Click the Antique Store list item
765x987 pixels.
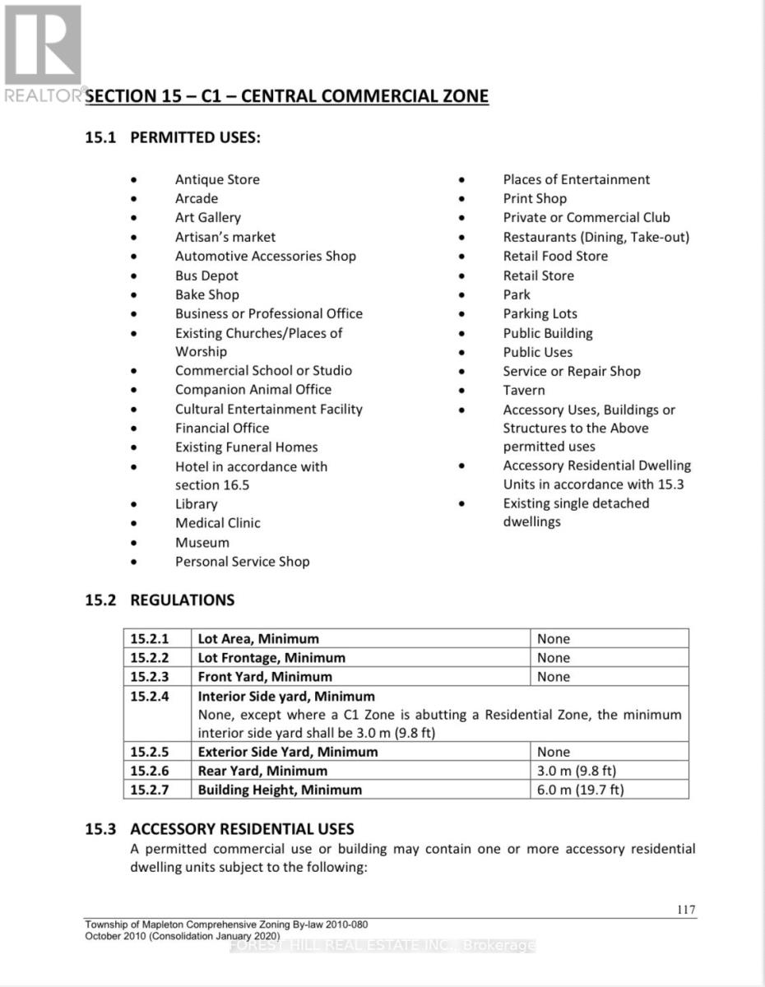coord(217,179)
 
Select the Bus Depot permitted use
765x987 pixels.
coord(206,276)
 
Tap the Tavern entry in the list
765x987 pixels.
coord(524,390)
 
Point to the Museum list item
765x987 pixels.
coord(202,542)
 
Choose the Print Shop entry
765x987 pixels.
coord(535,198)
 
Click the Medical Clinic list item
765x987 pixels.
coord(218,523)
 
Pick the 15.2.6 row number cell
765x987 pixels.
coord(149,771)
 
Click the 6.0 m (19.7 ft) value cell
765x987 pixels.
coord(581,790)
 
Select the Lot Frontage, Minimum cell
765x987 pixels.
coord(271,657)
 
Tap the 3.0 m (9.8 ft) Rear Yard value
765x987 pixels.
coord(577,771)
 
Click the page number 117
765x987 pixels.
coord(684,909)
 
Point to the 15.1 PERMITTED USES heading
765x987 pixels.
coord(173,137)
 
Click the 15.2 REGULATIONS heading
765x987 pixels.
coord(160,600)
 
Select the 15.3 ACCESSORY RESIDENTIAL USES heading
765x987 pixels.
coord(220,828)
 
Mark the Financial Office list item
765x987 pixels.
coord(222,428)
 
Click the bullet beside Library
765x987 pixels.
coord(133,504)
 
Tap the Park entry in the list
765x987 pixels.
coord(517,294)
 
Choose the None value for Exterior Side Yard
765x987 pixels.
coord(554,752)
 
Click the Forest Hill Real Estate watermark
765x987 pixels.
coord(382,946)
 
